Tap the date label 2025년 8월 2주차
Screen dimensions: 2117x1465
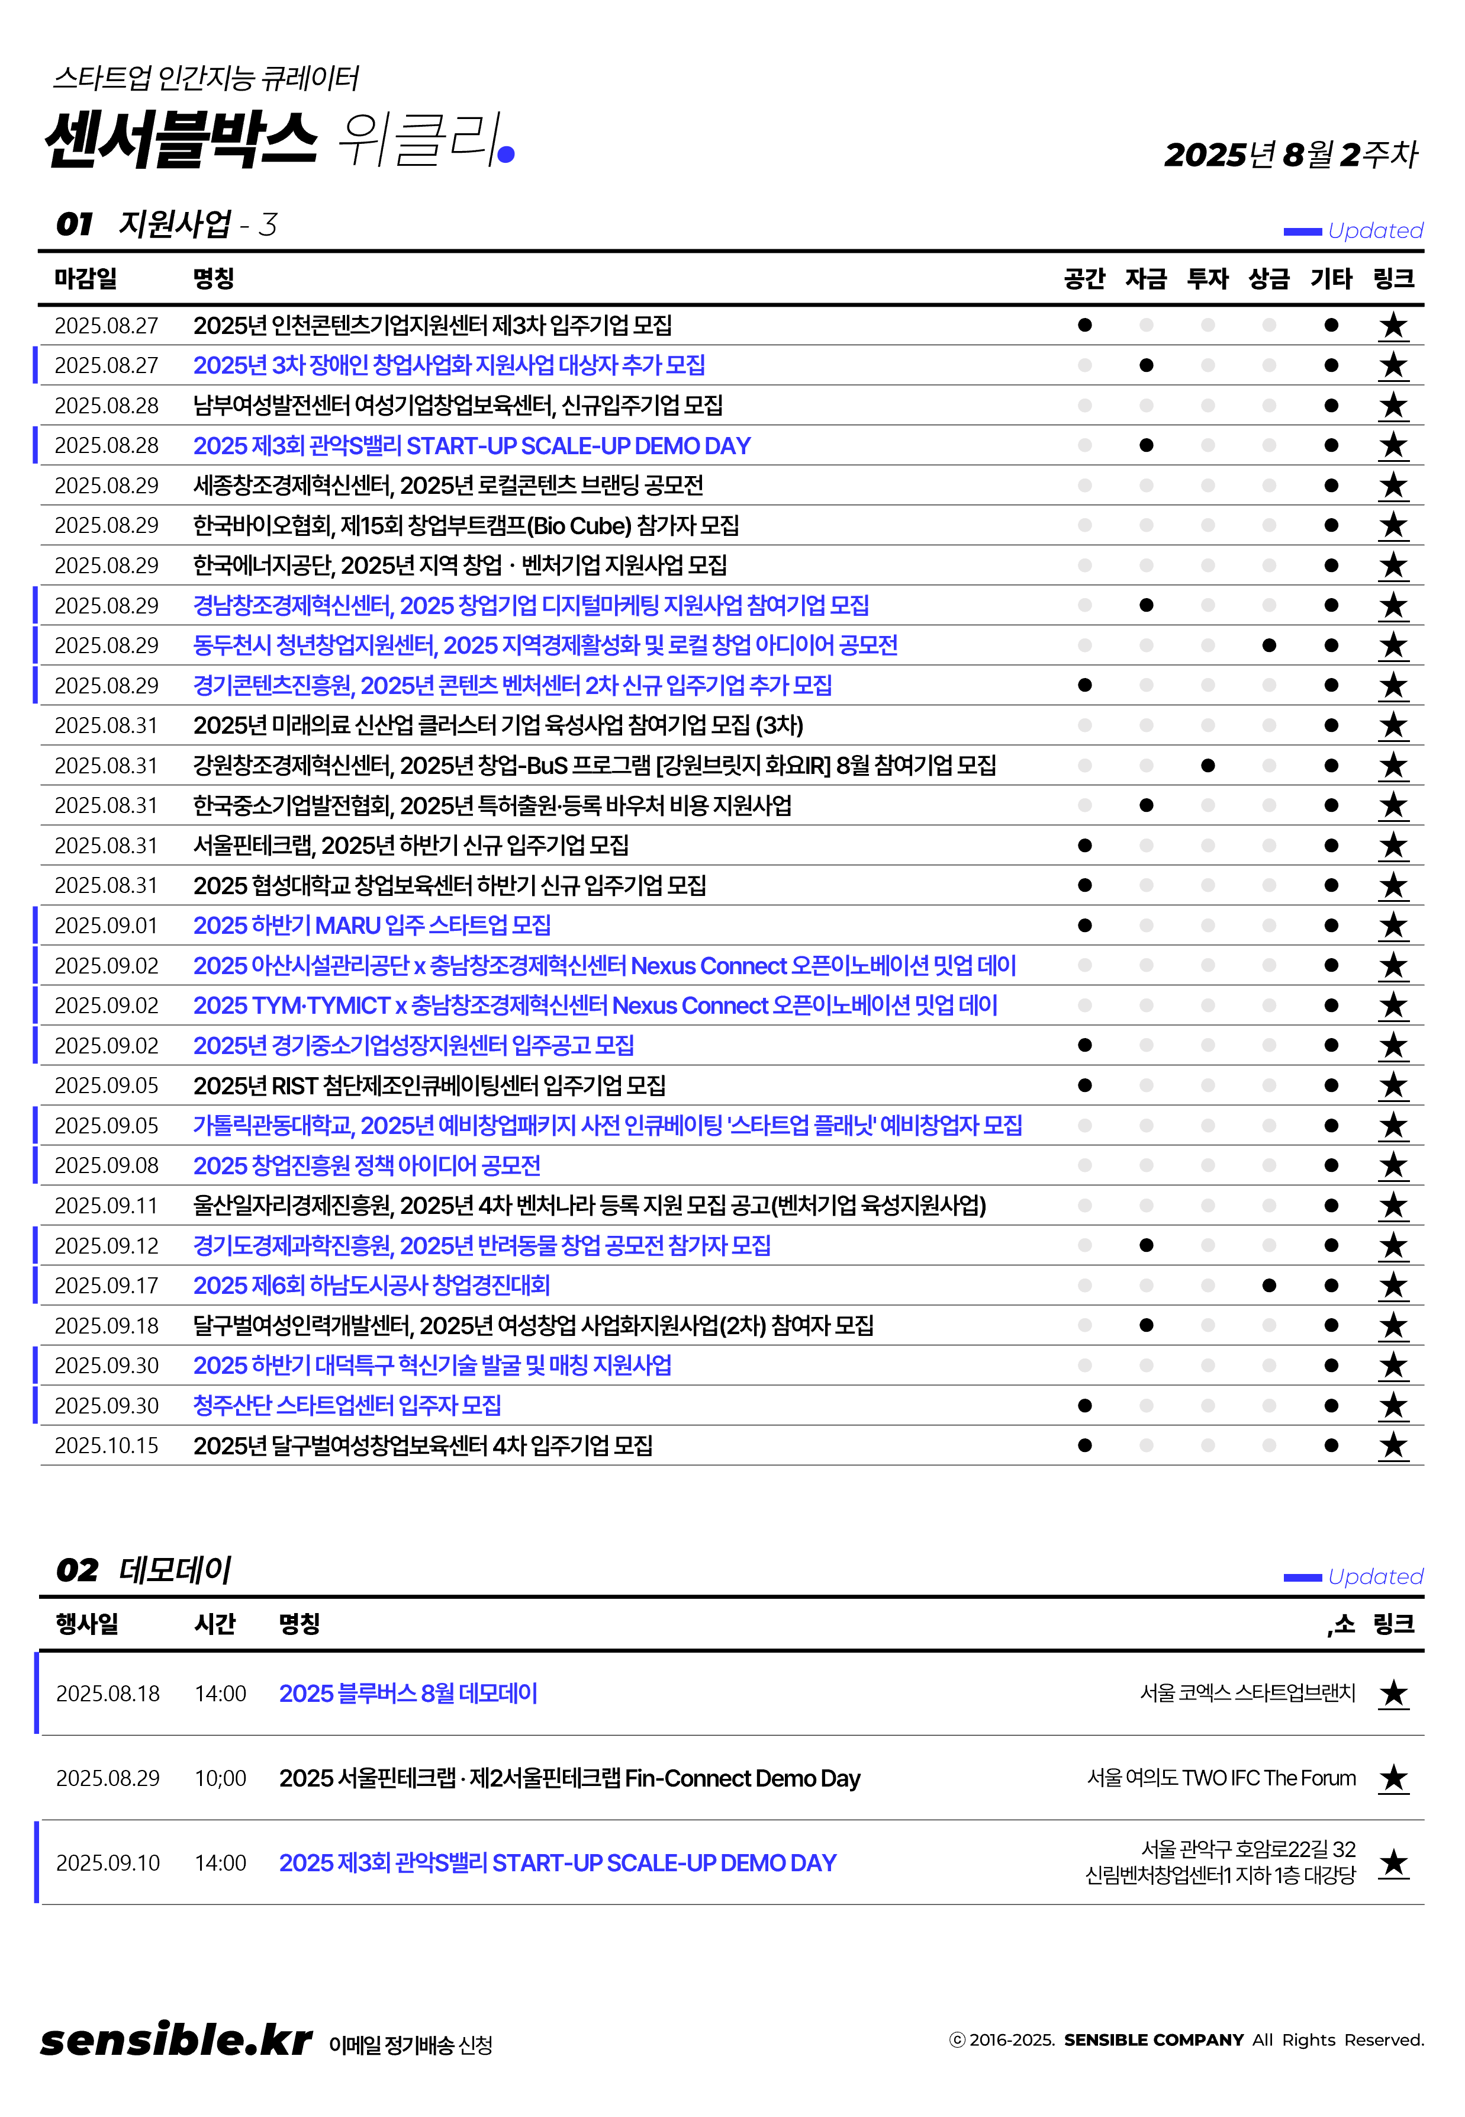click(1290, 154)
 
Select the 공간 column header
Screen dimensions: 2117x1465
click(1084, 278)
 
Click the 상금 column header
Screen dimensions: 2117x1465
click(1268, 278)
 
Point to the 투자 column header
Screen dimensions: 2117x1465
click(1207, 278)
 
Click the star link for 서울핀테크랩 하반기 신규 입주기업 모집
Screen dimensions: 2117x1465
click(1392, 846)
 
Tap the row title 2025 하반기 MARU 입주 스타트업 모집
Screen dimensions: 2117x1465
click(372, 926)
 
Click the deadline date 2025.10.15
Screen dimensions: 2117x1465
click(107, 1446)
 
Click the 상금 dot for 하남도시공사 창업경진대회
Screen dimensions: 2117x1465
click(1268, 1285)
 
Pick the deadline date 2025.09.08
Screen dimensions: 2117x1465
click(107, 1166)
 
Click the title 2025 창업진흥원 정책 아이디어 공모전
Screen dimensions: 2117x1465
click(366, 1166)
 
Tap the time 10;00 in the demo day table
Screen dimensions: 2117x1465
click(220, 1778)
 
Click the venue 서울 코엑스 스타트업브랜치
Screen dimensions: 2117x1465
click(1247, 1693)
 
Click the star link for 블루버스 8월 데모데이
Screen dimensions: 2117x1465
click(1392, 1694)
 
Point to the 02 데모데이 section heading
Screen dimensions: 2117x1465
click(144, 1570)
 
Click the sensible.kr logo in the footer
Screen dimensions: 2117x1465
click(176, 2040)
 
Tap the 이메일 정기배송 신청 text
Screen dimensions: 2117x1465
click(410, 2045)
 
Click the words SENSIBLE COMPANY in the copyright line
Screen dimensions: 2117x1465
click(1153, 2040)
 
